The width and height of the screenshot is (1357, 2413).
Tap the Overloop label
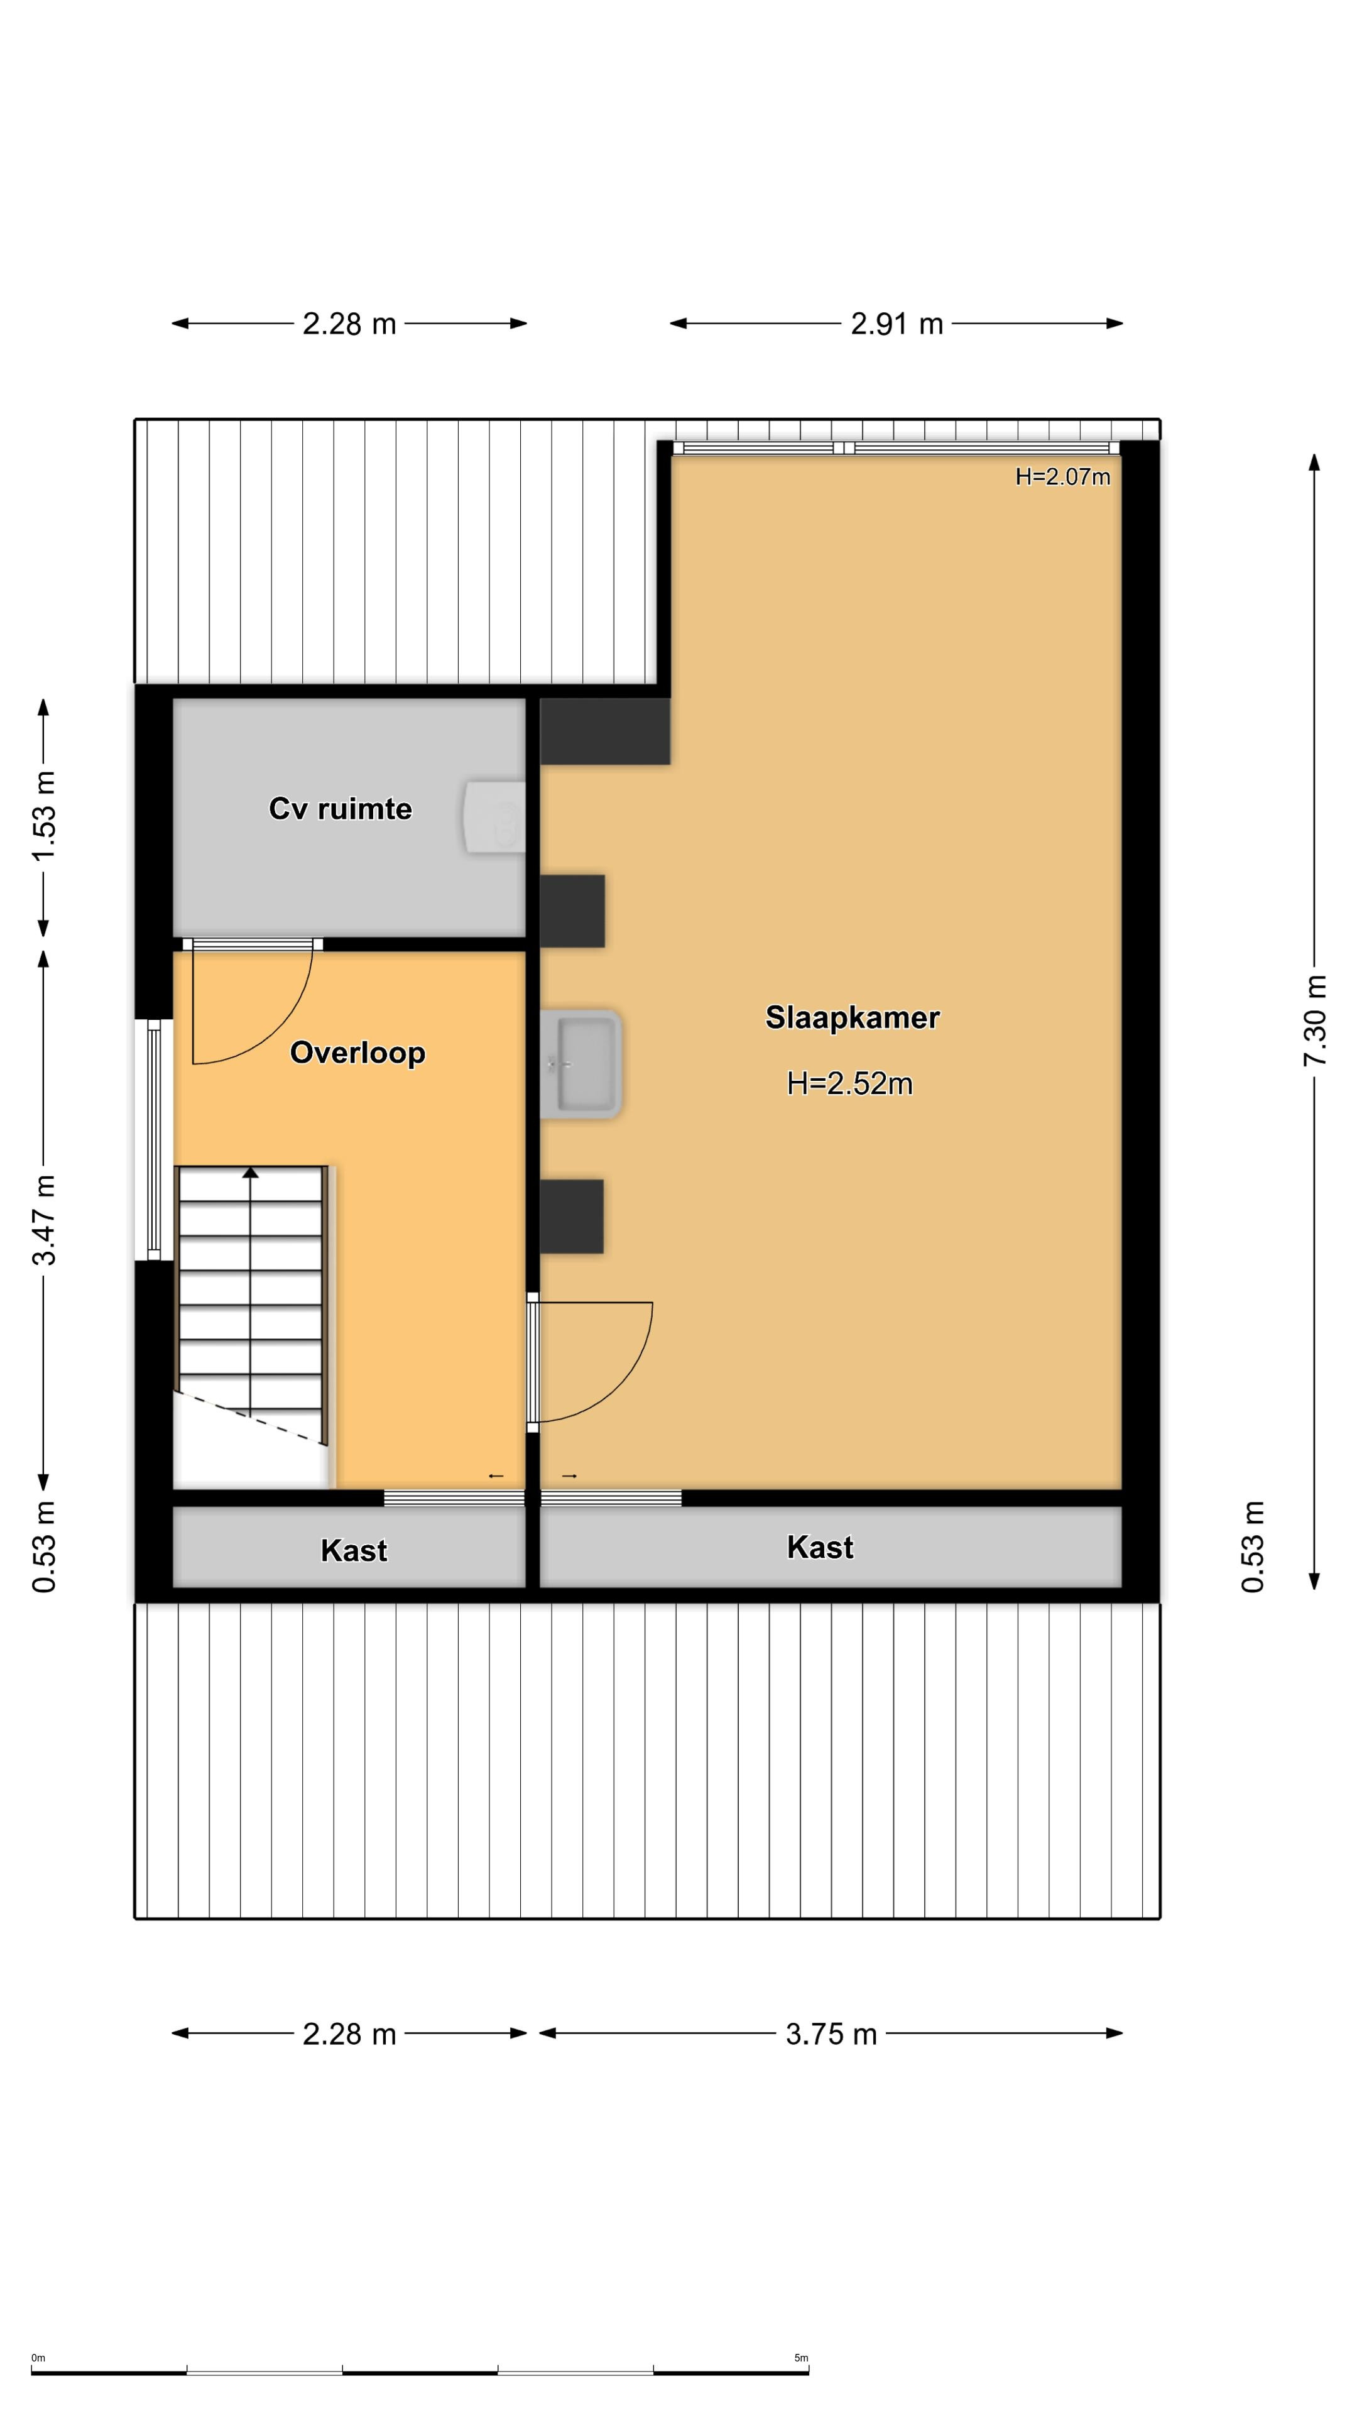click(x=357, y=1053)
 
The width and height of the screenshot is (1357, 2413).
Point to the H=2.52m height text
click(x=849, y=1084)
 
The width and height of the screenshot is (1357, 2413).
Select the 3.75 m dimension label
click(x=831, y=2035)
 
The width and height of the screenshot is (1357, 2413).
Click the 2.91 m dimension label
click(x=896, y=324)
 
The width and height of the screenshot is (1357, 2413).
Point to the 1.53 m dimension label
click(x=44, y=816)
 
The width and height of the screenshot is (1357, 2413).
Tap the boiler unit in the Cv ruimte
click(x=494, y=818)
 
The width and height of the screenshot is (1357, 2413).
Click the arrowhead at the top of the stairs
click(x=250, y=1172)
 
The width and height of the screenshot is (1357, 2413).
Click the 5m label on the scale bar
click(x=801, y=2358)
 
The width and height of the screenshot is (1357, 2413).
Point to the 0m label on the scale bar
click(x=38, y=2358)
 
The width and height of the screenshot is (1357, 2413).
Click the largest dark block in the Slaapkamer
click(x=605, y=731)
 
